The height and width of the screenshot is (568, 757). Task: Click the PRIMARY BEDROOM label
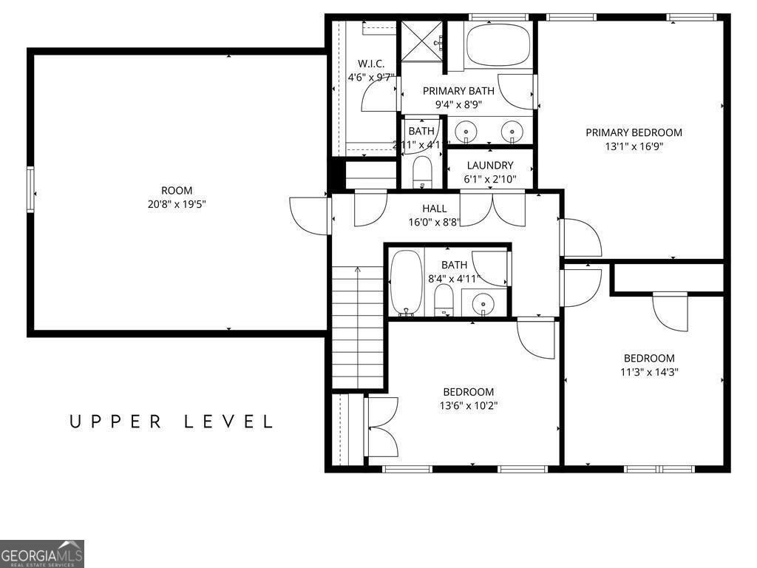click(634, 132)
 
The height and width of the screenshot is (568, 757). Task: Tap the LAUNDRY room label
click(489, 166)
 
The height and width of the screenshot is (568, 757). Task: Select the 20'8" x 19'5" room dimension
click(176, 203)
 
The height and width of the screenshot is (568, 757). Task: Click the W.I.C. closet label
click(371, 64)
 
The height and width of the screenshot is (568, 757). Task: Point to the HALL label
click(434, 209)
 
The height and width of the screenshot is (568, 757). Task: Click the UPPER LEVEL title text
click(172, 422)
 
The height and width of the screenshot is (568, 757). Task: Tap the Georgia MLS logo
click(42, 554)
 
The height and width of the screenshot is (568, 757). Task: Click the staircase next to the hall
click(358, 325)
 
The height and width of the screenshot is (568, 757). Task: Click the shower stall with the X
click(422, 41)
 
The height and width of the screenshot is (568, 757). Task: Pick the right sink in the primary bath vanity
click(511, 132)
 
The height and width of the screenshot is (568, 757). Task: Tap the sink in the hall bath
click(483, 302)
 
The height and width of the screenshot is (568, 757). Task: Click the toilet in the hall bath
click(444, 300)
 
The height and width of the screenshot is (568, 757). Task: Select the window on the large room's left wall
click(30, 189)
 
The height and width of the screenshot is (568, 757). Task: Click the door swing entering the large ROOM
click(309, 216)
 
